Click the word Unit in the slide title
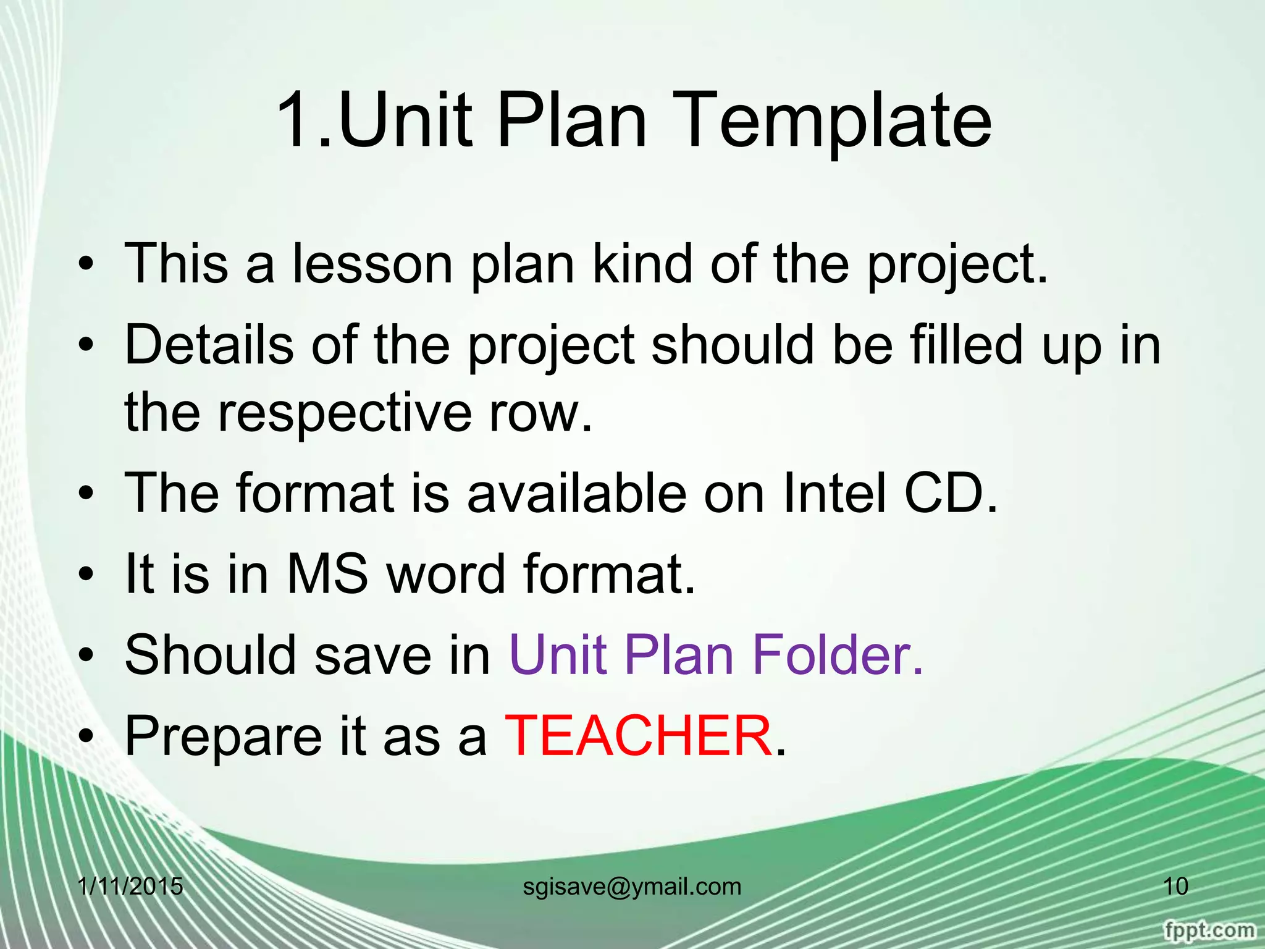405,120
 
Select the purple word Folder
837,655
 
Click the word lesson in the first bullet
372,264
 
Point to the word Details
209,345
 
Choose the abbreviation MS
327,573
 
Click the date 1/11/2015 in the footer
131,887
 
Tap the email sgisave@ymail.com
632,887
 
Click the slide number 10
1175,887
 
